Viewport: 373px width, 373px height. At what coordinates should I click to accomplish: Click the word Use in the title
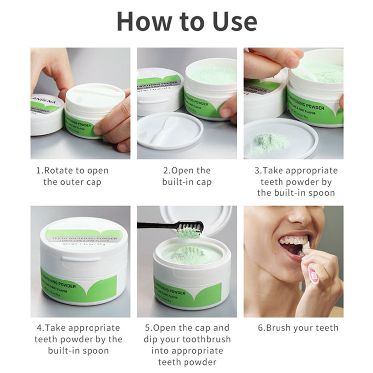230,21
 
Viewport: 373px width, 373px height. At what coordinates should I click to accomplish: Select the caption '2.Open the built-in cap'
186,176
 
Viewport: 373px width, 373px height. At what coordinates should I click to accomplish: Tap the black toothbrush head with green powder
189,229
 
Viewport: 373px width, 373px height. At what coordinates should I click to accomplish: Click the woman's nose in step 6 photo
298,219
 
